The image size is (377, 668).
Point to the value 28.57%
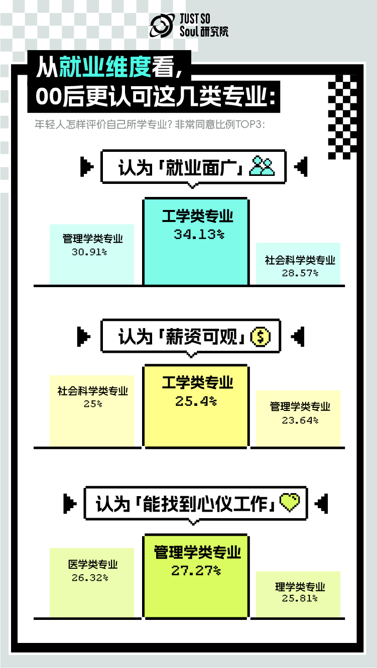(300, 273)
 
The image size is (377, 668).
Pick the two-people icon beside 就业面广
(263, 166)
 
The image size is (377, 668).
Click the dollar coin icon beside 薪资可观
(260, 336)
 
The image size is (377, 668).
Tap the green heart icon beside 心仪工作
(289, 502)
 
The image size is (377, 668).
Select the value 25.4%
(196, 401)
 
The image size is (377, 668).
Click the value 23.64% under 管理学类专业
(300, 420)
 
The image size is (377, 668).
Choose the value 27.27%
(196, 570)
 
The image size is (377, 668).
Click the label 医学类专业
(93, 565)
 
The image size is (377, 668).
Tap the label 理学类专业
(300, 587)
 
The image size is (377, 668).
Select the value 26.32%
(90, 578)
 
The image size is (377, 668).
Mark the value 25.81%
(300, 598)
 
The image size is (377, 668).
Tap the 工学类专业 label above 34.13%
(197, 216)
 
